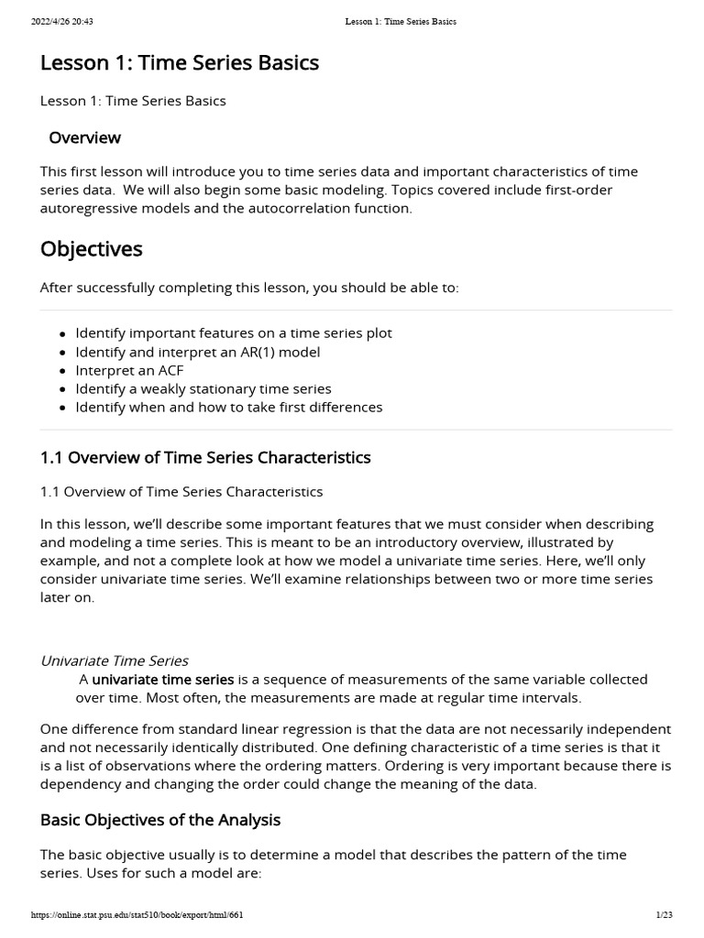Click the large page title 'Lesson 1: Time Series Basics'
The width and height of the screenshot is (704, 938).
point(180,62)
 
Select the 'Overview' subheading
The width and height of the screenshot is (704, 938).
point(84,137)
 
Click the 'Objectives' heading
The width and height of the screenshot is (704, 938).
point(91,248)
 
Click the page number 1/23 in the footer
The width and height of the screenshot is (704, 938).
point(665,914)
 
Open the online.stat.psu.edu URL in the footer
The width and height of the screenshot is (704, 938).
point(137,914)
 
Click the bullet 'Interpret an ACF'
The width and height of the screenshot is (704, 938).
point(129,370)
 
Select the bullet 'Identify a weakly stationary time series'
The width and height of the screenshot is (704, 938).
point(203,388)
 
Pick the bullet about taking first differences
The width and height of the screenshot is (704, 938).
point(228,407)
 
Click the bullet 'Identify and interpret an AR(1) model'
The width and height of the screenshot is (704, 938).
point(197,352)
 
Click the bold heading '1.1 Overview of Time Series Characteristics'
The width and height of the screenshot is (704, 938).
point(205,457)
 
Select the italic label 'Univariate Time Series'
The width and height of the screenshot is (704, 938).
point(115,660)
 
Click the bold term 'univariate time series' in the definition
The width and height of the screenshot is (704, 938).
point(163,679)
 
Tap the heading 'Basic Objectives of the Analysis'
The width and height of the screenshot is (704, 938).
point(160,820)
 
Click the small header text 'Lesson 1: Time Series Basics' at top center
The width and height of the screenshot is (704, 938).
point(400,21)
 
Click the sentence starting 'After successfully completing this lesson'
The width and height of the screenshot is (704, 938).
point(249,288)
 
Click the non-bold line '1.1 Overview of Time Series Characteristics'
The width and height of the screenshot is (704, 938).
point(181,491)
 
